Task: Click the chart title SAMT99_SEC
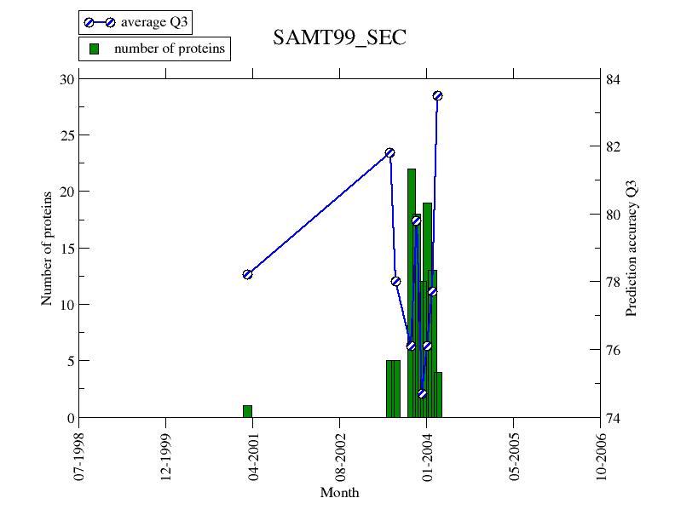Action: [339, 37]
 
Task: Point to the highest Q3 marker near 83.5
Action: [437, 95]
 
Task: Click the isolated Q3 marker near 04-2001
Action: [247, 274]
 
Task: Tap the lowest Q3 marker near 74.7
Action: [422, 393]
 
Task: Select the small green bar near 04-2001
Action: [247, 411]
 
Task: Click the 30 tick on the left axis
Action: [67, 79]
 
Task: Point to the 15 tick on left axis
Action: [67, 249]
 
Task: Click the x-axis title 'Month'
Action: [339, 493]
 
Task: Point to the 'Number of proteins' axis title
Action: [47, 248]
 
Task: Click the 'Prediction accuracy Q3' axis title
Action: [632, 248]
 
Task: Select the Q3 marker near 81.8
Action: [389, 152]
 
